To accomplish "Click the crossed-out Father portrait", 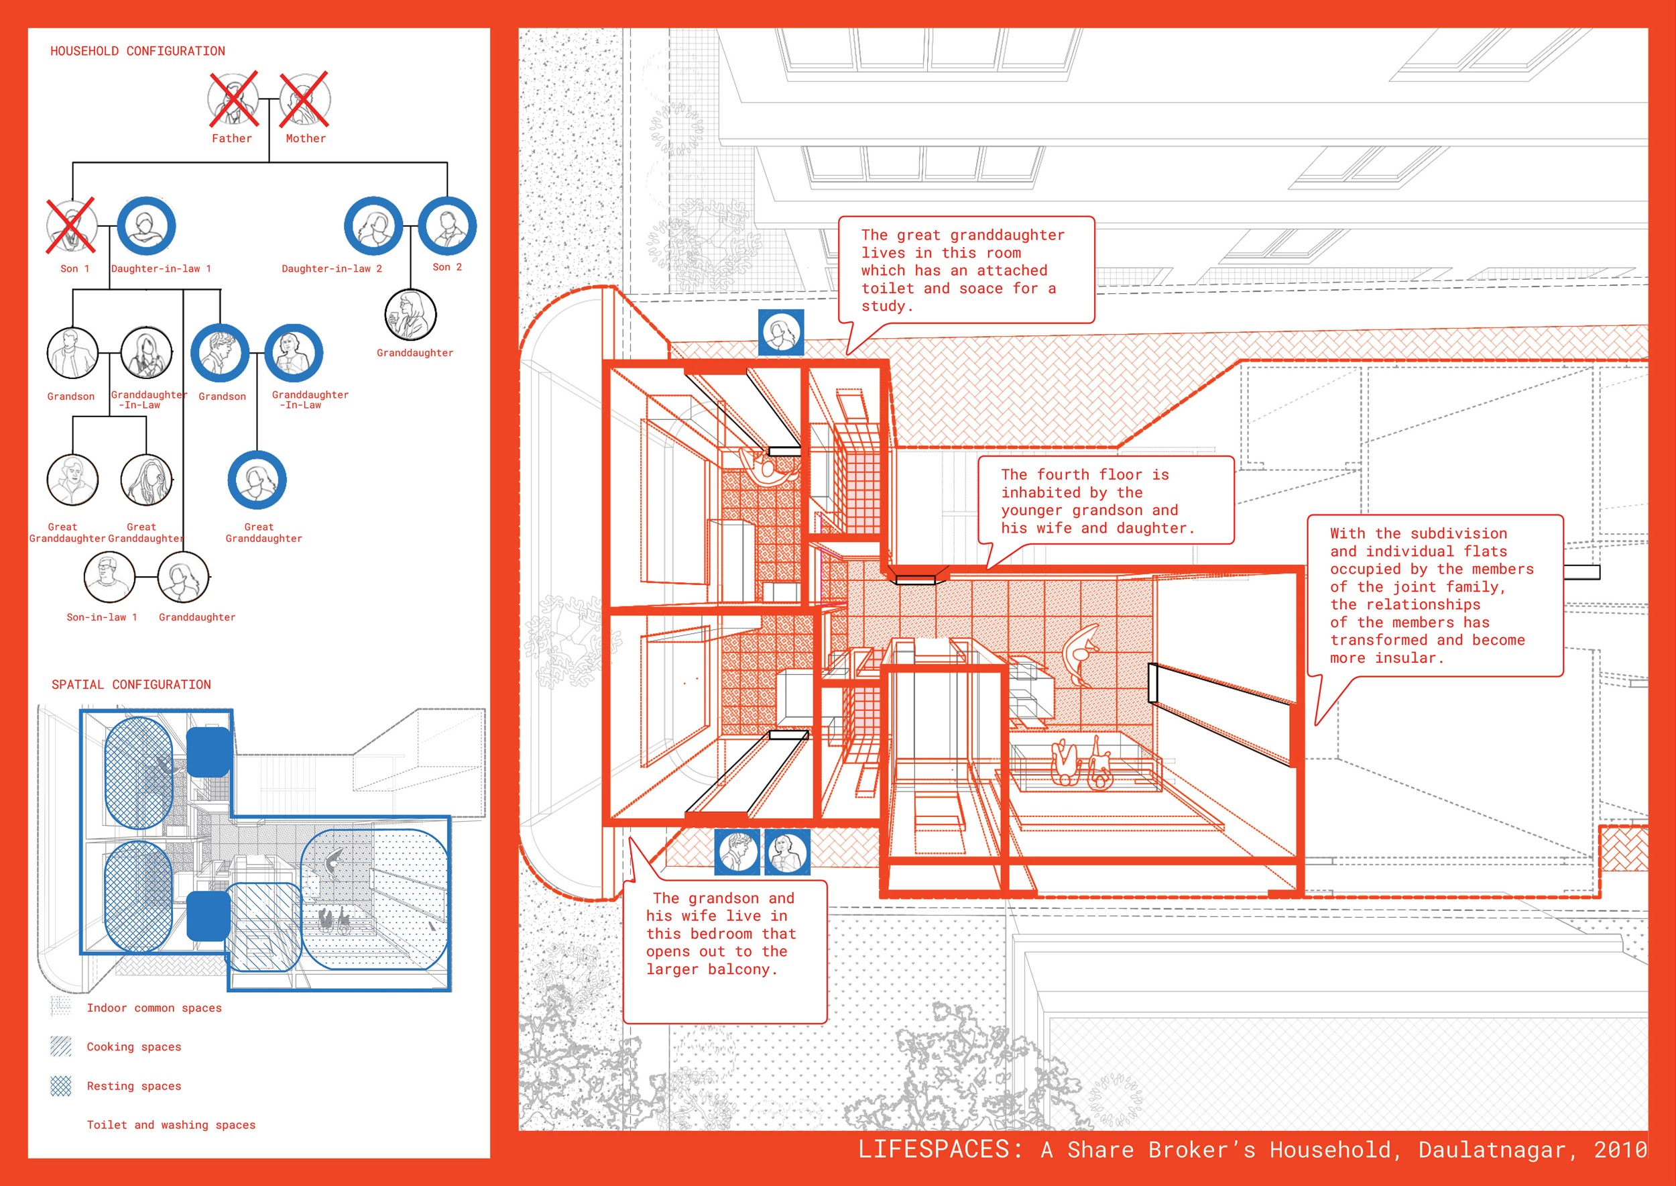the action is point(233,99).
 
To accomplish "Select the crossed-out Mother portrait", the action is point(305,99).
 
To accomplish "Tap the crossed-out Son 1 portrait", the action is point(71,225).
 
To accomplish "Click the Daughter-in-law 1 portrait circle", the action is point(146,225).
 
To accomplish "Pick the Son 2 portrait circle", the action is point(447,225).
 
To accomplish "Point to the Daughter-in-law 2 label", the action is point(332,269).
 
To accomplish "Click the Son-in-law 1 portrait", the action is point(109,576).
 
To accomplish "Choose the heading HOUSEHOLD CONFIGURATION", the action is point(137,51).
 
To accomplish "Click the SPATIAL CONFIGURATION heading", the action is point(131,684).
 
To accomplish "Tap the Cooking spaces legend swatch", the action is point(61,1046).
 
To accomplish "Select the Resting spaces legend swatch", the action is point(61,1086).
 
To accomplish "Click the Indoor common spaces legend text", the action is point(154,1008).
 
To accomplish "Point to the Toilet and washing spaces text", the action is point(171,1125).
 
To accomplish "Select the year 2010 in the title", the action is point(1620,1150).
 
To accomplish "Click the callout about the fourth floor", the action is point(1106,501).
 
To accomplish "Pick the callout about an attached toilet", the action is point(967,270).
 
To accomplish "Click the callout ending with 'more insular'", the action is point(1435,595).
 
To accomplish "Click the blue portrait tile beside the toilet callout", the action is point(781,332).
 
